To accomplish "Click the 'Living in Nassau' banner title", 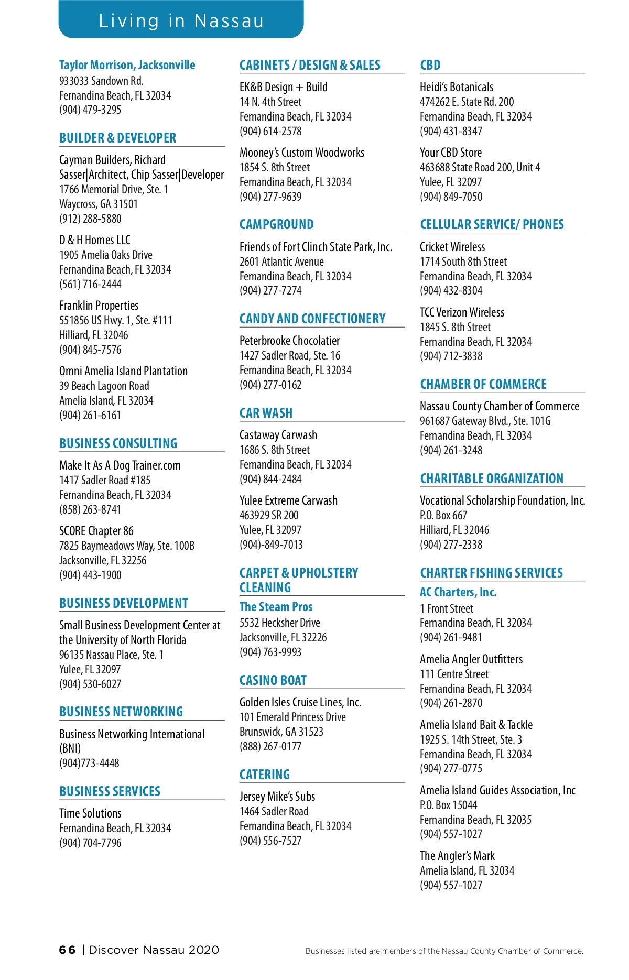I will pos(181,21).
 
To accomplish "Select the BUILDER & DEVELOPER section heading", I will pos(118,138).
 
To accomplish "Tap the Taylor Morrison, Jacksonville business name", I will pos(127,65).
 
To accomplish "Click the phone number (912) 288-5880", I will pos(90,219).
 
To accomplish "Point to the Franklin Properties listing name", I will pos(99,306).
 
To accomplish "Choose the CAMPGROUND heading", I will pos(277,224).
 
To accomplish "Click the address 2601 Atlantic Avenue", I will pos(281,262).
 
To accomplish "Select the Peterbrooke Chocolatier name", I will pos(289,341).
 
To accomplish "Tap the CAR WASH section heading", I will pos(266,413).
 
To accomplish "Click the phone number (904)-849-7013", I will pos(271,545).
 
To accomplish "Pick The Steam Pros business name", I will pos(276,607).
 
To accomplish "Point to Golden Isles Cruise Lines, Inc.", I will pos(300,702).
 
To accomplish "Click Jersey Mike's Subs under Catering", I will pos(277,797).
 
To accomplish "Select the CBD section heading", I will pos(430,65).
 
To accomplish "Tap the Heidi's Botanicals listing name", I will pos(457,87).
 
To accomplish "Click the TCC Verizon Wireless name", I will pos(462,312).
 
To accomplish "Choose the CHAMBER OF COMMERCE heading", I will pos(483,384).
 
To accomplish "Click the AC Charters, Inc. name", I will pos(458,592).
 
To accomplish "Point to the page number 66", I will pos(67,950).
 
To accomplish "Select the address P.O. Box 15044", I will pos(448,805).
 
